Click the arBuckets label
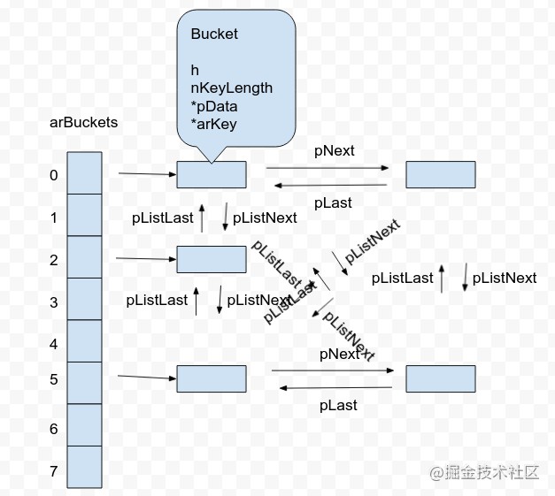[83, 123]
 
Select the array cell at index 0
[84, 173]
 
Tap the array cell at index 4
[84, 341]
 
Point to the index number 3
[54, 302]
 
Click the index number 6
[54, 429]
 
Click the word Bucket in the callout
[214, 34]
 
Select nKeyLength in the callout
[231, 88]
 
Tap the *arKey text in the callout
[213, 124]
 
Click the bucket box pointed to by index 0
[212, 174]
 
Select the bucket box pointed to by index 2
[212, 259]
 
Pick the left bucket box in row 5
[212, 378]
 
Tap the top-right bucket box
[441, 174]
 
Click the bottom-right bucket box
[441, 378]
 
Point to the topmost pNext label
[335, 150]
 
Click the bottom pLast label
[338, 405]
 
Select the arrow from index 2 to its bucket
[146, 259]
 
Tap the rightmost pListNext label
[504, 278]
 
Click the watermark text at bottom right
[485, 472]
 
